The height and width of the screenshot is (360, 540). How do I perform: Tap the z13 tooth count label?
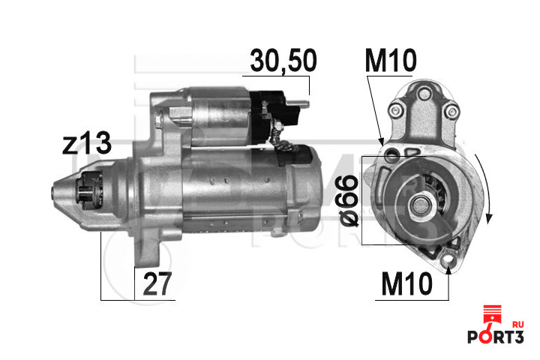(x=87, y=143)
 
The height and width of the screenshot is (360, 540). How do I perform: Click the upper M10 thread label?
(x=390, y=62)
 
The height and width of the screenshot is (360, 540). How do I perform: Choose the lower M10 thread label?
(x=406, y=284)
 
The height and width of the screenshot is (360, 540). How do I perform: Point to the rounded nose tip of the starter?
(x=58, y=193)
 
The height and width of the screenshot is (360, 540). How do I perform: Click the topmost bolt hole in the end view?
(x=423, y=93)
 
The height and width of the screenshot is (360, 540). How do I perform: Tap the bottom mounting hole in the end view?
(x=449, y=261)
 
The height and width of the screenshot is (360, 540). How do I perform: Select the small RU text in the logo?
(x=517, y=323)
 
